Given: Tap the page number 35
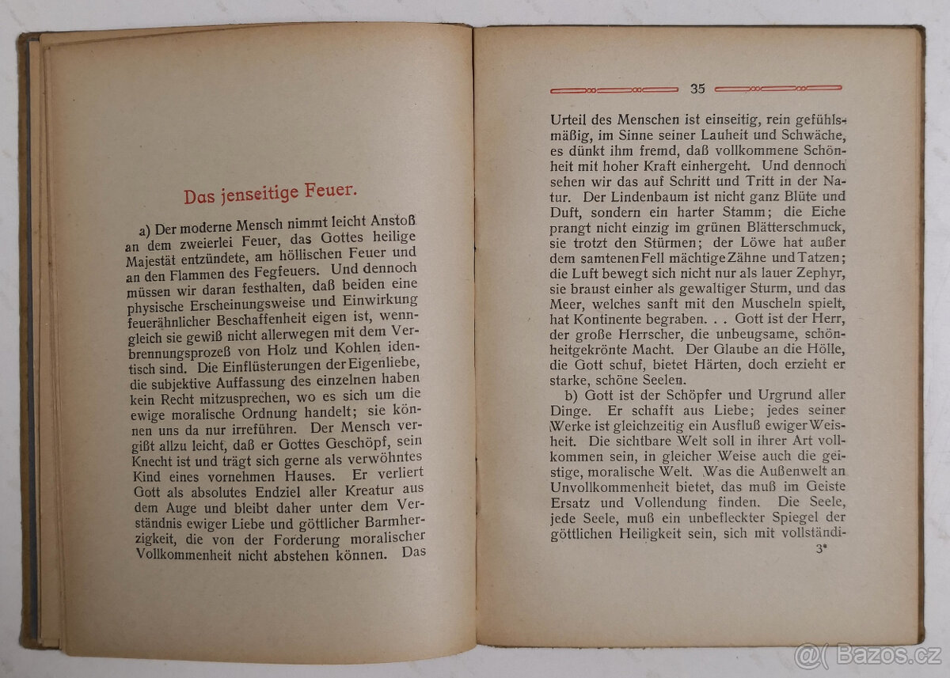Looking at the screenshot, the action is click(697, 89).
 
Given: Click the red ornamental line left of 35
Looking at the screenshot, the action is click(614, 89).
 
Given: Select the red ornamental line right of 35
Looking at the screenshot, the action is click(778, 89).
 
